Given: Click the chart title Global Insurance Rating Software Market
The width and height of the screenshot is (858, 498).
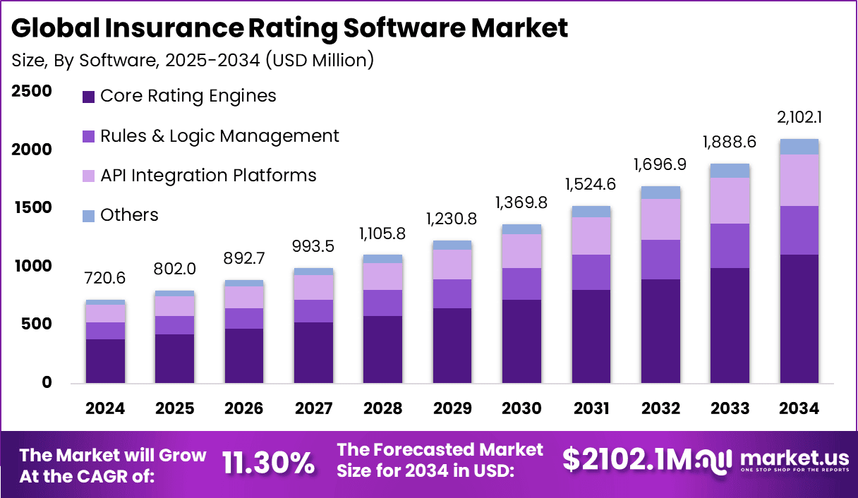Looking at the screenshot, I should (x=290, y=28).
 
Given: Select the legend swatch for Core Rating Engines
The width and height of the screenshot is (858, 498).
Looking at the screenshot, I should (x=88, y=97).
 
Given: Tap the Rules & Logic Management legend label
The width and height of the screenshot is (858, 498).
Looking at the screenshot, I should (x=219, y=135).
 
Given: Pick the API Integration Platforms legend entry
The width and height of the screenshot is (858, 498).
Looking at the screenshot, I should (x=208, y=175).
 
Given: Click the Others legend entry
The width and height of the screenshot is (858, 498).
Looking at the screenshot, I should (x=129, y=215).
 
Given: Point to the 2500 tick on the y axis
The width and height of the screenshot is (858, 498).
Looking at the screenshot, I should (x=31, y=91).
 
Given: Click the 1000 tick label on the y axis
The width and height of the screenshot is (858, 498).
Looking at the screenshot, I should (x=31, y=266).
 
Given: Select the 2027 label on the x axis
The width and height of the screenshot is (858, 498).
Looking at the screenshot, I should (x=313, y=408).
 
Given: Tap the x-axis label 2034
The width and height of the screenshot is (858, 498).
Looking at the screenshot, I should (x=799, y=408).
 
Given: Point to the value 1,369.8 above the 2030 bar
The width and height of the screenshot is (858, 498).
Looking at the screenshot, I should (x=521, y=203).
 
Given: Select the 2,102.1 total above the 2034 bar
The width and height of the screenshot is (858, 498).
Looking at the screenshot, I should (x=799, y=117).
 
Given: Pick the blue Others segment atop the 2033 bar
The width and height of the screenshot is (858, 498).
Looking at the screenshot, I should (x=730, y=171).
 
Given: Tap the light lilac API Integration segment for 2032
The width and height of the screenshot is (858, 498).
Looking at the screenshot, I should (x=660, y=219).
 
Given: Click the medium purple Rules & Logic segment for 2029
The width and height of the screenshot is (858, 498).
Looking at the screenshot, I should (x=452, y=293).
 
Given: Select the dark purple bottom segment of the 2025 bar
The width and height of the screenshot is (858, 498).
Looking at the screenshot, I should (x=174, y=358).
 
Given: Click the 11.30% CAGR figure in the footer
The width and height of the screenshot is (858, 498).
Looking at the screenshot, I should (x=268, y=463).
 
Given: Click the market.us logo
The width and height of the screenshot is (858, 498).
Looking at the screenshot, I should (x=776, y=462).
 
